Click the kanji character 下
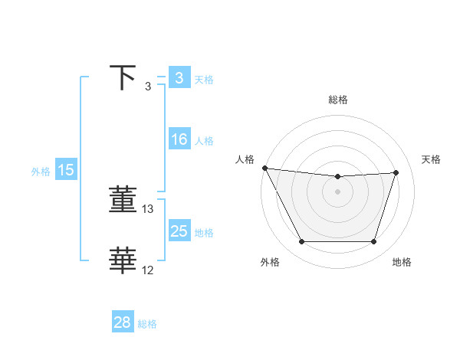[x=123, y=78]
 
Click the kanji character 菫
[x=123, y=200]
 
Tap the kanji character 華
[x=123, y=261]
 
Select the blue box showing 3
[x=179, y=78]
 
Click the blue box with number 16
[x=179, y=139]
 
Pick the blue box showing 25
[x=179, y=231]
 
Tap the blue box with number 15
[x=66, y=170]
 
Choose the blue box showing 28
[x=122, y=322]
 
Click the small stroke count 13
[x=148, y=208]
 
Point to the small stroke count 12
[x=148, y=270]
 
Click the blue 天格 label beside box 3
[x=204, y=79]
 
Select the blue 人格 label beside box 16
[x=204, y=141]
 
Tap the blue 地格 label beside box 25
[x=204, y=233]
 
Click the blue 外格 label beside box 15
[x=41, y=172]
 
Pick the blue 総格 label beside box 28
[x=147, y=324]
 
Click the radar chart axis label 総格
[x=338, y=100]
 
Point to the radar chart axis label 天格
[x=432, y=159]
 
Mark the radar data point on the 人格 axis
[x=264, y=168]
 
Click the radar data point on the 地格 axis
[x=373, y=242]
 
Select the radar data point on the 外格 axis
[x=301, y=242]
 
